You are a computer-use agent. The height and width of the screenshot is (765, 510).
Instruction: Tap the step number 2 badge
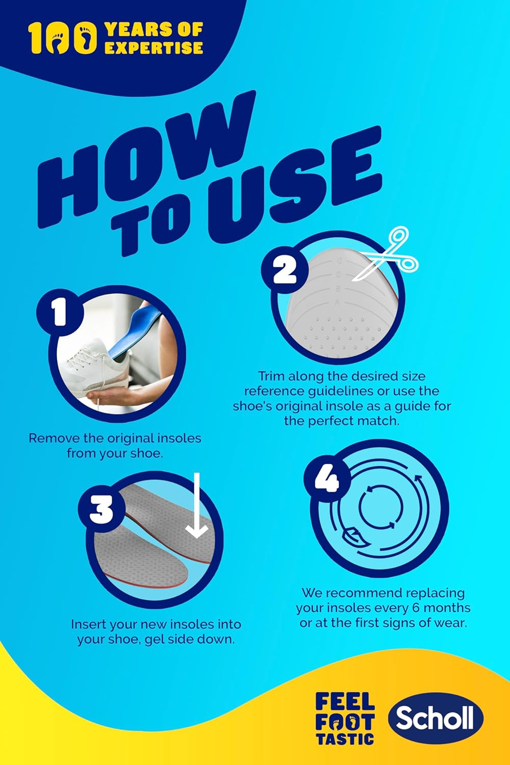[x=284, y=270]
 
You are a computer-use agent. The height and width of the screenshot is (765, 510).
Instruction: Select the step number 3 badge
[x=101, y=510]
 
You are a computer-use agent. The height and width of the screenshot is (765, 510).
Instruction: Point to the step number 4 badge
[x=327, y=478]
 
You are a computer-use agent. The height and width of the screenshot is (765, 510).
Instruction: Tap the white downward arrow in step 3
[x=197, y=505]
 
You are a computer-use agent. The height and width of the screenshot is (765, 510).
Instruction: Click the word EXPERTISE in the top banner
[x=154, y=48]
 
